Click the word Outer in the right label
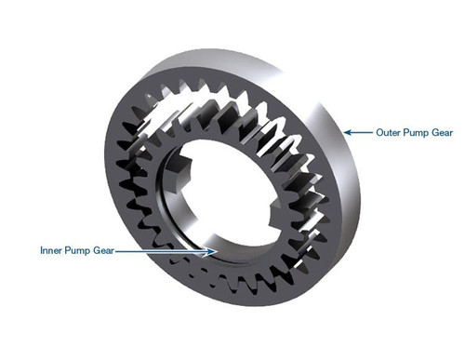[389, 133]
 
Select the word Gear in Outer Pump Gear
[443, 133]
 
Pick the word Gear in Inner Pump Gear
[104, 250]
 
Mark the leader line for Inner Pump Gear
[163, 250]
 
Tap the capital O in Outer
[379, 133]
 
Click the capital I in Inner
[42, 250]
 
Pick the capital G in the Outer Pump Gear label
[435, 133]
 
